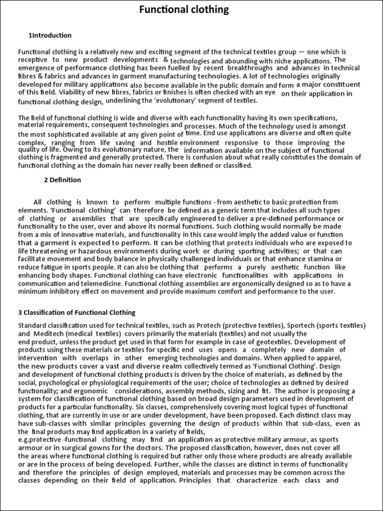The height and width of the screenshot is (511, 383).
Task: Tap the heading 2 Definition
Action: (62, 180)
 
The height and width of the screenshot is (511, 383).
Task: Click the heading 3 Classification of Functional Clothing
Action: (77, 313)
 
